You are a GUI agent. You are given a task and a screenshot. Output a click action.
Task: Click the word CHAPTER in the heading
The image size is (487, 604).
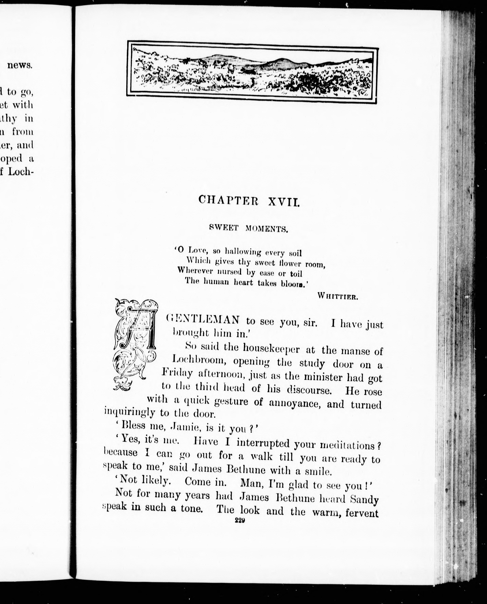click(x=228, y=200)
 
